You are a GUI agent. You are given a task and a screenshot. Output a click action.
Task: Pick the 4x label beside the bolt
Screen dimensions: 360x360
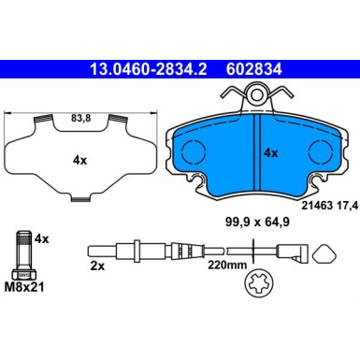tap(40, 239)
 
